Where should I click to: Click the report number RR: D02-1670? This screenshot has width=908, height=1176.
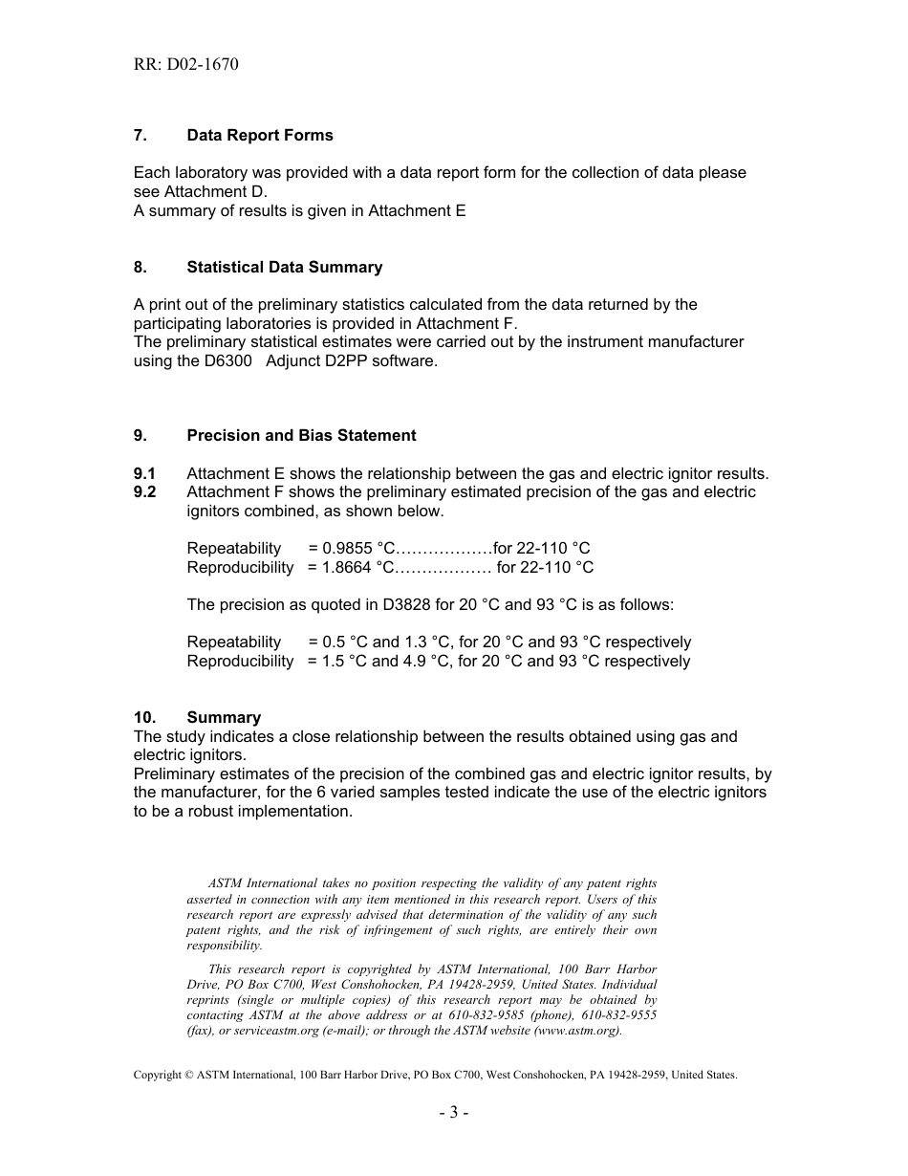click(x=185, y=65)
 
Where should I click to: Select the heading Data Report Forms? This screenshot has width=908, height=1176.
click(x=260, y=136)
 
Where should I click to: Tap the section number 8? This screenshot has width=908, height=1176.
click(x=140, y=268)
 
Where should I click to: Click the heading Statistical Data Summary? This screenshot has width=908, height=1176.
click(x=285, y=268)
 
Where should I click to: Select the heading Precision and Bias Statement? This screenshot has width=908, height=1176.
click(x=301, y=436)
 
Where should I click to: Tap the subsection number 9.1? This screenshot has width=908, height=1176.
click(x=145, y=473)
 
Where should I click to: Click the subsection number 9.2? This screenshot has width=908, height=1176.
click(x=145, y=492)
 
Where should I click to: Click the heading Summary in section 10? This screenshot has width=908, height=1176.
click(x=224, y=718)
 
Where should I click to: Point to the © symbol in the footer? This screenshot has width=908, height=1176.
click(x=187, y=1075)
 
